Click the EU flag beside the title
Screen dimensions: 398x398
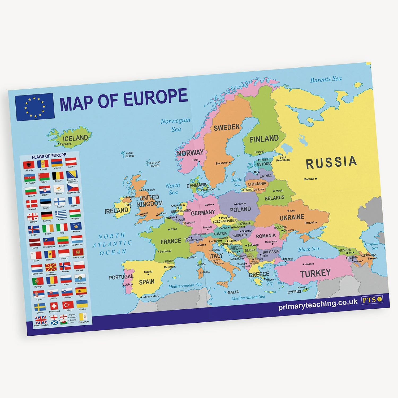tap(35, 107)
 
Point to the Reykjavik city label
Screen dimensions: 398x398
tap(66, 144)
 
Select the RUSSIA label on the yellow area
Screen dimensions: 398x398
tap(331, 162)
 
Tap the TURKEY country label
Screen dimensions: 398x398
tap(315, 273)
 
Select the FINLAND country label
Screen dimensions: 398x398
tap(264, 139)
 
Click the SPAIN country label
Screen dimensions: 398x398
tap(147, 282)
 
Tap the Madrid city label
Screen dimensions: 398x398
tap(148, 272)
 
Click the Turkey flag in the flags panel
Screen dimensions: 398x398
tap(68, 305)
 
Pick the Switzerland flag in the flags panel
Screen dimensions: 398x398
tap(54, 306)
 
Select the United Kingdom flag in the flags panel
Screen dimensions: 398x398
tap(41, 320)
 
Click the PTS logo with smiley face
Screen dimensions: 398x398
tap(372, 300)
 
